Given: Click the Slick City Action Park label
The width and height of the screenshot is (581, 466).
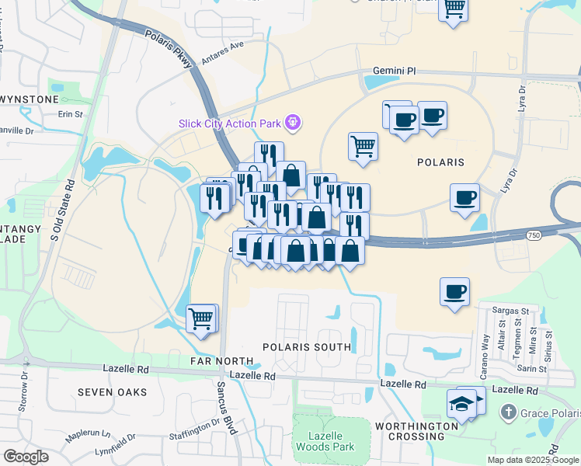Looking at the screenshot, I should (x=230, y=122).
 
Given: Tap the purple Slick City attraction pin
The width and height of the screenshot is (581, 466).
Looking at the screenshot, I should (x=293, y=122).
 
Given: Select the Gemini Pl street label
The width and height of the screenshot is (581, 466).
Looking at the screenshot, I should (x=394, y=71).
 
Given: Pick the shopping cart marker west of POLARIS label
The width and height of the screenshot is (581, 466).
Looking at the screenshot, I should (x=363, y=145).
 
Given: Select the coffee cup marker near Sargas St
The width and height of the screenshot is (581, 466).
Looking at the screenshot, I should (x=454, y=292).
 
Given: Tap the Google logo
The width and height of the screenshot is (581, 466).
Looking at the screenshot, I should (x=26, y=457).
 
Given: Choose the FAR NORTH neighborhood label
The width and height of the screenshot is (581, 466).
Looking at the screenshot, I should (x=221, y=361).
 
